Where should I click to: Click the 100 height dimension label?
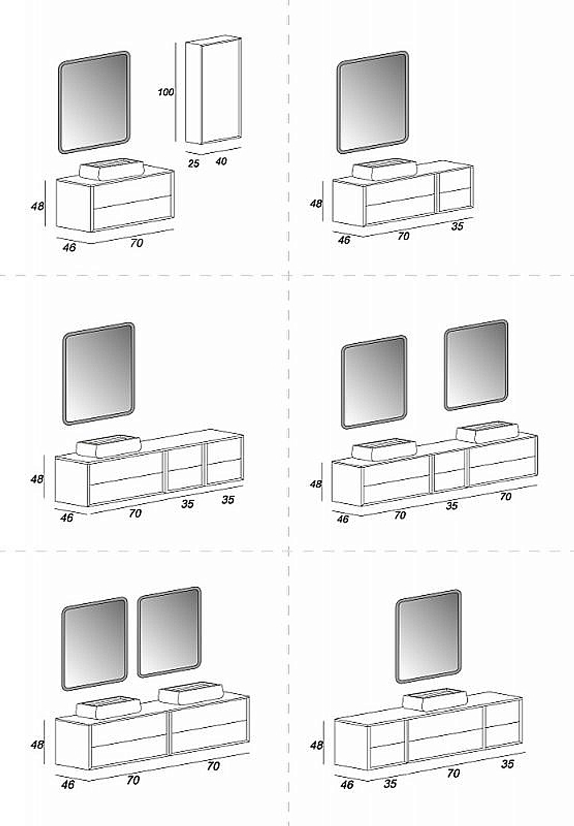point(165,92)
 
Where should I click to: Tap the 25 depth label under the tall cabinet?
point(193,163)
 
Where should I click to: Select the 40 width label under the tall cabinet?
point(221,161)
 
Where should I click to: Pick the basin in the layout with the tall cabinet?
point(111,169)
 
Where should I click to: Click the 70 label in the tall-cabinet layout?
point(137,243)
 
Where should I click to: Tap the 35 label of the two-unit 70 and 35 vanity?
point(457,226)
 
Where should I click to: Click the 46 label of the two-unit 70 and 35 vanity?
point(344,240)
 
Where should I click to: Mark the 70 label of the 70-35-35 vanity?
point(135,513)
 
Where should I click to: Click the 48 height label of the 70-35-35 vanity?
point(37,479)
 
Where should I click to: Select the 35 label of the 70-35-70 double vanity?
point(452,505)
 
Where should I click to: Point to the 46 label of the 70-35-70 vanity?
point(343,519)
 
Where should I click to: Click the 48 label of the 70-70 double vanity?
point(37,744)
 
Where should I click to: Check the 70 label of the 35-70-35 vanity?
point(453,773)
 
